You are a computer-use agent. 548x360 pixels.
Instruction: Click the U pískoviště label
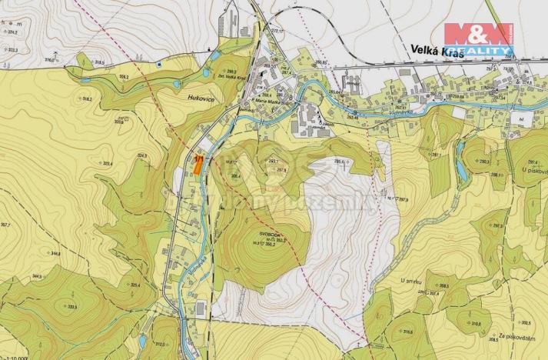[533, 169]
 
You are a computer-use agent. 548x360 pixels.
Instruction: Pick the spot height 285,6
[340, 161]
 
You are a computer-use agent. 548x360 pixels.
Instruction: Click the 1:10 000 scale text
[15, 356]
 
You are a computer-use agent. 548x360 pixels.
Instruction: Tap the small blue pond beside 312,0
[143, 339]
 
